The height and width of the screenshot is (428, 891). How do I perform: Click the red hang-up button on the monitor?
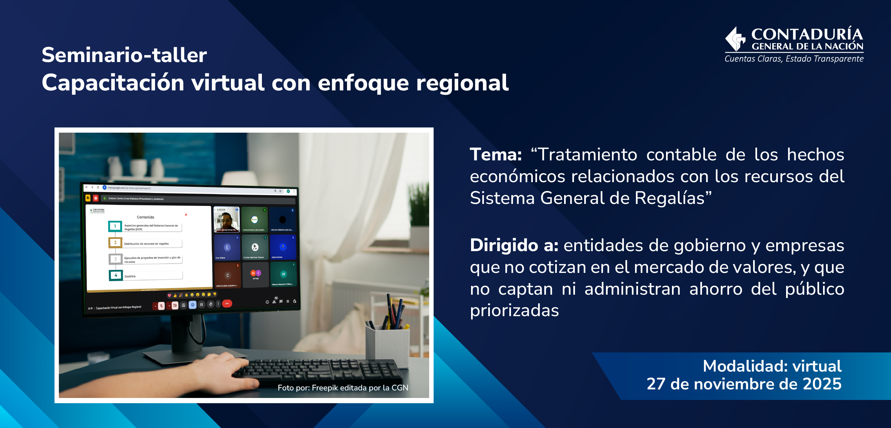[227, 304]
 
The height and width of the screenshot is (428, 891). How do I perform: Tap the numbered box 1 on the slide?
[115, 226]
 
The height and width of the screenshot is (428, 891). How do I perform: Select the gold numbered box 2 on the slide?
[115, 243]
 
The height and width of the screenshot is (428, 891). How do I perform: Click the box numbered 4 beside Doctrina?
[116, 276]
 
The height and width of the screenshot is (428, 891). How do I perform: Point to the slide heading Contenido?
[145, 217]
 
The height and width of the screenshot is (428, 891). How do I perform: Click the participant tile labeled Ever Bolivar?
[227, 247]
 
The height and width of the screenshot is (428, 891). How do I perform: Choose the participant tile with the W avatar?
[283, 274]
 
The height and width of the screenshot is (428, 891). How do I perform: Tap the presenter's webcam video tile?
[227, 220]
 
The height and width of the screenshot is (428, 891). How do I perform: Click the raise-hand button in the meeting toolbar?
[211, 304]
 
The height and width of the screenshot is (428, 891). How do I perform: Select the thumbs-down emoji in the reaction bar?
[215, 294]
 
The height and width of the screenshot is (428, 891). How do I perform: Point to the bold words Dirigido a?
[514, 245]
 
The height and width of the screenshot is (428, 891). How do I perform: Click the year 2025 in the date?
[822, 384]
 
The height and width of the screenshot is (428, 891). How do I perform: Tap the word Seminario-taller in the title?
[124, 55]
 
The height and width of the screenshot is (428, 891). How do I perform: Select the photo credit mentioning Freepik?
[343, 387]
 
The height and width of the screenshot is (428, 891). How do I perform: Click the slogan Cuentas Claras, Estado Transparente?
[794, 59]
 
